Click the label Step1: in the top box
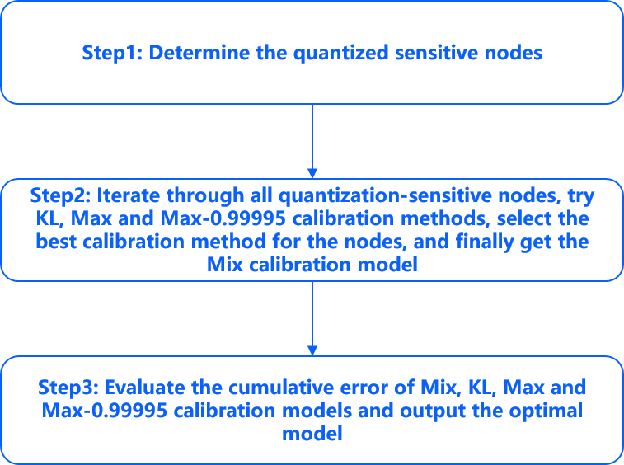112,54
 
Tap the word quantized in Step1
340,54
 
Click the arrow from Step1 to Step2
312,141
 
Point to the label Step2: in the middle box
61,196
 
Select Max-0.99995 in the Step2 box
223,218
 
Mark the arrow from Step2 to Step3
312,318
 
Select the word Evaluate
145,387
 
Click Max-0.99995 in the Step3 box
105,411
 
